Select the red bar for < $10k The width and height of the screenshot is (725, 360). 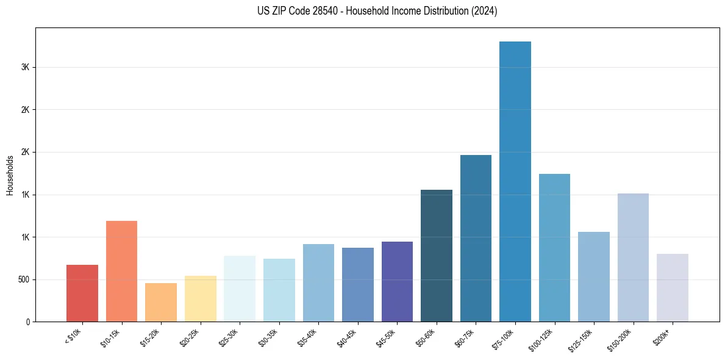click(82, 293)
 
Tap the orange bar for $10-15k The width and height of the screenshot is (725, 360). click(121, 272)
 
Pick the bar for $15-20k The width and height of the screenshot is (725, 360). click(161, 303)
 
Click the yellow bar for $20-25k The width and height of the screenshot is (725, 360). click(200, 299)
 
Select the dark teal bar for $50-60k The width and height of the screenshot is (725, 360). click(437, 256)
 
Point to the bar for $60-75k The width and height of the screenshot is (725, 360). click(476, 239)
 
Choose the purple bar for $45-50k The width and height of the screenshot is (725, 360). click(397, 282)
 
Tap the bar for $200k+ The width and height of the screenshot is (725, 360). click(672, 288)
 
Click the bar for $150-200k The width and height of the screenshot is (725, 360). click(633, 257)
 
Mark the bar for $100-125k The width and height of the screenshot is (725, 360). click(554, 248)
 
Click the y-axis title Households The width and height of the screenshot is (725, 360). click(10, 175)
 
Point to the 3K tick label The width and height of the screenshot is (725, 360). click(24, 67)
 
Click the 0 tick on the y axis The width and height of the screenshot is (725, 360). click(27, 322)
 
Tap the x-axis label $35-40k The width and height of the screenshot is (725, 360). click(308, 338)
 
